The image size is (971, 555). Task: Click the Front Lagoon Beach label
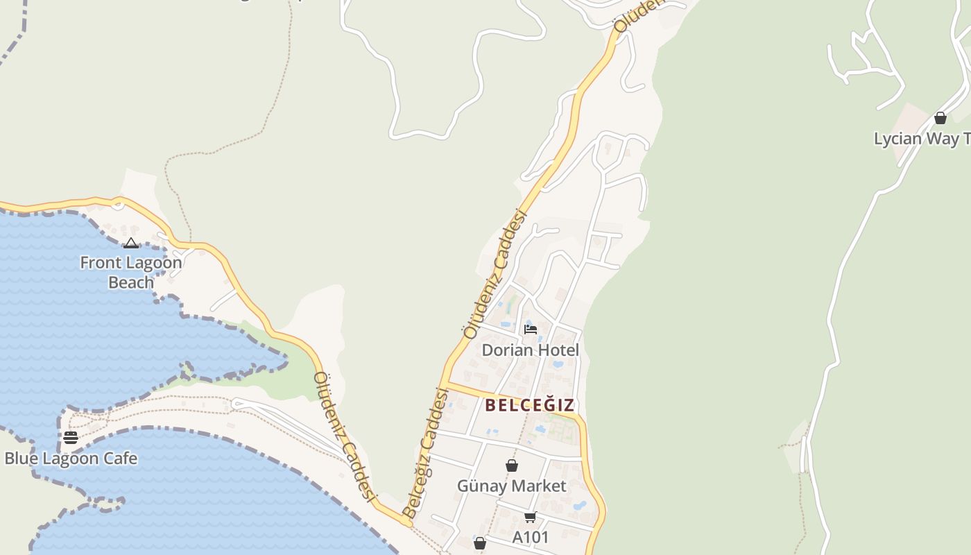(130, 272)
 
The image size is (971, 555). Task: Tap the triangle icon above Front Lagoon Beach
(131, 243)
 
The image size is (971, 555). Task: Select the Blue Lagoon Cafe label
(71, 459)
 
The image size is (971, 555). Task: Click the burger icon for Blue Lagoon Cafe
(71, 437)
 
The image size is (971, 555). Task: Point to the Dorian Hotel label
(530, 350)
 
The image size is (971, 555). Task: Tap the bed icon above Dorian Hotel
(531, 329)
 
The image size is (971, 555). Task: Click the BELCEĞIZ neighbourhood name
(530, 405)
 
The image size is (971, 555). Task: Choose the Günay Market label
(511, 486)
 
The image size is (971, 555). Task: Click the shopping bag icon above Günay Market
(512, 466)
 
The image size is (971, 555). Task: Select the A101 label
(531, 537)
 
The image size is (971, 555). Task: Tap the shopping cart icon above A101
(531, 517)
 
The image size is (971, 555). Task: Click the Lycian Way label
(921, 139)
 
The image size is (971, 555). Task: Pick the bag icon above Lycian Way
(940, 118)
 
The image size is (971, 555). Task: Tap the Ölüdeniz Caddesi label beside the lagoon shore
(345, 437)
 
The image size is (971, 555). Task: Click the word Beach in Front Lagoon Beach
(131, 282)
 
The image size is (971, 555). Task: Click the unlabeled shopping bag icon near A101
(479, 543)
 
